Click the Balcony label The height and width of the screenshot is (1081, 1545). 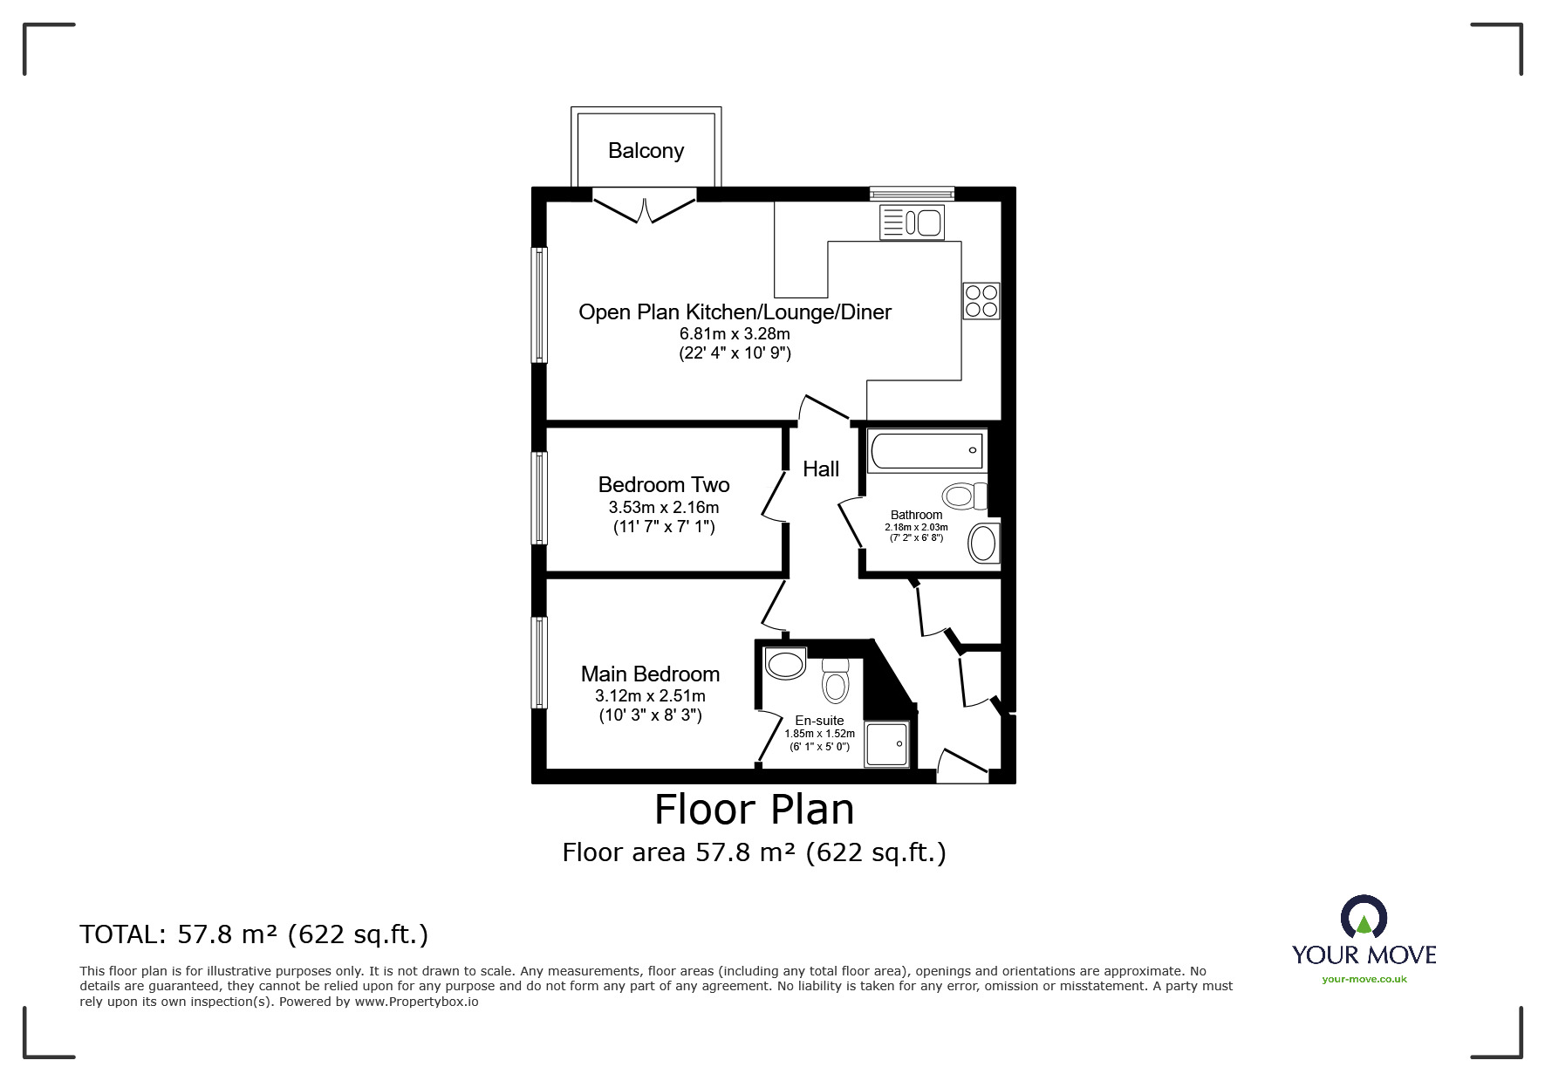(x=646, y=151)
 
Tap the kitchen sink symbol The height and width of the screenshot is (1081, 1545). (x=912, y=222)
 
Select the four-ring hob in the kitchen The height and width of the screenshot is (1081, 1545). (x=981, y=300)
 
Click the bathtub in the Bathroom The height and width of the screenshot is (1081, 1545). (x=927, y=451)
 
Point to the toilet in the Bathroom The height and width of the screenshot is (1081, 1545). (x=964, y=497)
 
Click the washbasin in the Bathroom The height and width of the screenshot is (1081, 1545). (x=984, y=544)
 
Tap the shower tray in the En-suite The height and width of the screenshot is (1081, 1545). (x=886, y=744)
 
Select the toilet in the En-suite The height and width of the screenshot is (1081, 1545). (x=835, y=680)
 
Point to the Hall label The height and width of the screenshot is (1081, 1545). (x=821, y=469)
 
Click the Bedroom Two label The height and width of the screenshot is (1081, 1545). (x=664, y=485)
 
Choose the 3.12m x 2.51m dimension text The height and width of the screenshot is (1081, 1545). (x=650, y=696)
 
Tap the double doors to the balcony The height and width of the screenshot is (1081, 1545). (x=646, y=208)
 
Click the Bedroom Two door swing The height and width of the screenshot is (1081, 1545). (x=772, y=497)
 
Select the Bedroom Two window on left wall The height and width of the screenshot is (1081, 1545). (x=540, y=497)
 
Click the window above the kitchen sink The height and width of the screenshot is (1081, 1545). (x=912, y=194)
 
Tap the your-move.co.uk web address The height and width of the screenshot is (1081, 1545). (x=1364, y=979)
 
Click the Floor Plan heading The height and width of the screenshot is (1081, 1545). (x=755, y=810)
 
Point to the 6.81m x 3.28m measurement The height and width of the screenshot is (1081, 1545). (x=735, y=333)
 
